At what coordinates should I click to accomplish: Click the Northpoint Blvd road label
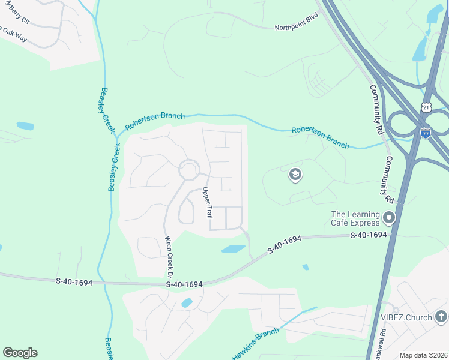coord(296,28)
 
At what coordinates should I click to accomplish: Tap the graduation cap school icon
coord(295,175)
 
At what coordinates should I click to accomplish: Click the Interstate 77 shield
coord(425,133)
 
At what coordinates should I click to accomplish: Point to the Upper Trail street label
coord(207,203)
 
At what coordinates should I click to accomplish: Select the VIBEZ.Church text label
coord(407,316)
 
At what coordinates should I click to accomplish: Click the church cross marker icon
coord(441,316)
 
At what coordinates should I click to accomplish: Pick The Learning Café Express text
coord(356,220)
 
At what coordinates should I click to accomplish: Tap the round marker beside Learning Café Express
coord(389,217)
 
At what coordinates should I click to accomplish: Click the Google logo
coord(20,353)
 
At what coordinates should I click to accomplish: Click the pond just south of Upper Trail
coord(233,249)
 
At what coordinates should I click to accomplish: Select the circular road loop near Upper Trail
coord(190,170)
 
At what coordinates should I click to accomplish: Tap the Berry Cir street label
coord(14,17)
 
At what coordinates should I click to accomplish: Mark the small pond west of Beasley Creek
coord(25,126)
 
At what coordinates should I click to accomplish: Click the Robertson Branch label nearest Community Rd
coord(320,137)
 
